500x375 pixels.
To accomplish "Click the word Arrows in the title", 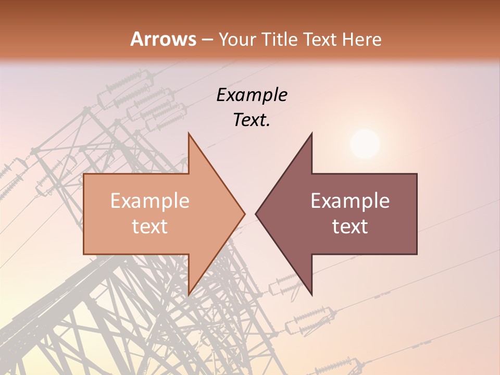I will (164, 39).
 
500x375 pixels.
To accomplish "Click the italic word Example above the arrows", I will (252, 95).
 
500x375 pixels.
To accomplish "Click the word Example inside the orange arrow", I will (149, 201).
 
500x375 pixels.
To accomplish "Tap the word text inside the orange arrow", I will (149, 227).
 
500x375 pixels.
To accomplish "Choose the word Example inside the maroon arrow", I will (350, 201).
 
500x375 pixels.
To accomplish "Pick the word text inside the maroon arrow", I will (350, 227).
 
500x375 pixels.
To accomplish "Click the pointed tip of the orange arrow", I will (244, 214).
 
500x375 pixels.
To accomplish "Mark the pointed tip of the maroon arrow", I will (256, 214).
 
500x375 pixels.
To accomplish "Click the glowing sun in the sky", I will (365, 144).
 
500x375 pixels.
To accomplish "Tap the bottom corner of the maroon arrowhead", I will (311, 294).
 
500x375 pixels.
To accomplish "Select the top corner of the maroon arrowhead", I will (311, 134).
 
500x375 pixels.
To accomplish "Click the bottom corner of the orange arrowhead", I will (189, 294).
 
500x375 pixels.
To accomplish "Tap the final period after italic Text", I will (268, 125).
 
